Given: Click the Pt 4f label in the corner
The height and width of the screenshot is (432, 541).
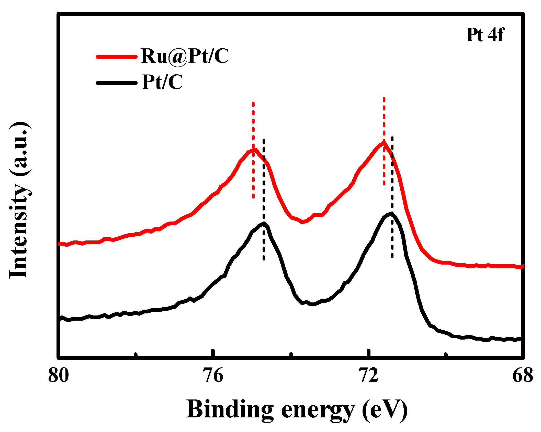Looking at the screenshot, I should click(x=485, y=35).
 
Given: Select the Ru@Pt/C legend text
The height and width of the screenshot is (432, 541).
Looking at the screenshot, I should click(x=185, y=56).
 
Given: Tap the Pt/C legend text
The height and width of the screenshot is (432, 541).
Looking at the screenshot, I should click(x=162, y=82).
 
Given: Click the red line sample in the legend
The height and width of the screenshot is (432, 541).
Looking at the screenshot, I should click(x=117, y=57).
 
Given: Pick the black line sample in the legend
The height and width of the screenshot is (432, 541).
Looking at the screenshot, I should click(x=117, y=83).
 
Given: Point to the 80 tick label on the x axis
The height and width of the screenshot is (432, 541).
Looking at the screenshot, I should click(x=59, y=375).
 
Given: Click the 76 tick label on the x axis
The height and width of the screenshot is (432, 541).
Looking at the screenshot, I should click(x=213, y=375).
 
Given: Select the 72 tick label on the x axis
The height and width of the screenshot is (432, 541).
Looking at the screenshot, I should click(x=368, y=375).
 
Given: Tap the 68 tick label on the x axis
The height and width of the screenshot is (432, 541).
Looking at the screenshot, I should click(x=522, y=375).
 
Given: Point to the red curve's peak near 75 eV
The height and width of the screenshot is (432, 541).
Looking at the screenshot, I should click(x=255, y=149).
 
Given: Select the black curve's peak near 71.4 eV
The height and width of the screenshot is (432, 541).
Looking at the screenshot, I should click(x=391, y=214).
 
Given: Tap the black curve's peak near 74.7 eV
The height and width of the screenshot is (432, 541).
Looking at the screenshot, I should click(x=264, y=223).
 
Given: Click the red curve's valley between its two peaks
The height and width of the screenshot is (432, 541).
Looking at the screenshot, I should click(x=302, y=222).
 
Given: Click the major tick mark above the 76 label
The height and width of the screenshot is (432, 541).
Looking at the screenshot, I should click(x=213, y=352).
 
